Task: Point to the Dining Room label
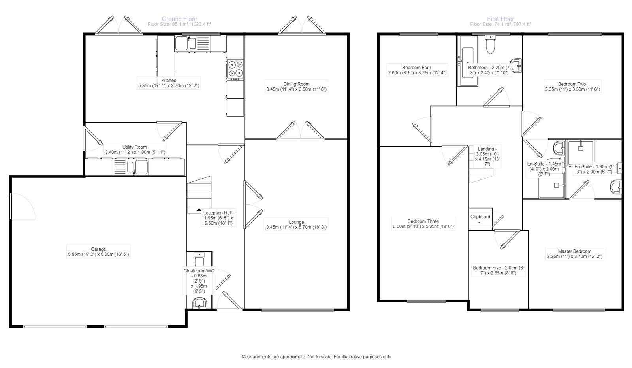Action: coord(296,84)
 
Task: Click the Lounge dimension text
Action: coord(296,228)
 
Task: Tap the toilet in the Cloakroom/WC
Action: coord(199,260)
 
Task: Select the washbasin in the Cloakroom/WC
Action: coord(199,304)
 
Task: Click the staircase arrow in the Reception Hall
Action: coord(199,209)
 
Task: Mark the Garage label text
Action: coord(98,249)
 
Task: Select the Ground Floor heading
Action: coord(179,19)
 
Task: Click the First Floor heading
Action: coord(500,19)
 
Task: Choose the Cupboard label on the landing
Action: coord(480,217)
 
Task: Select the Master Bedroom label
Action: coord(574,251)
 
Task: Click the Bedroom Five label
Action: coord(498,268)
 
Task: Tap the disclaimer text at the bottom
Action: coord(316,357)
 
